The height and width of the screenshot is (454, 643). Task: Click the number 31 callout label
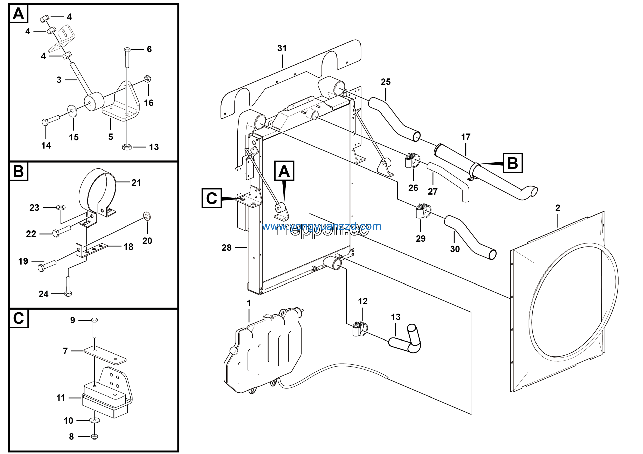click(282, 48)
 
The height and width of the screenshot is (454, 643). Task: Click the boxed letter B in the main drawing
click(512, 163)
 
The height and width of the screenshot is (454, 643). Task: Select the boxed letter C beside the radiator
click(211, 198)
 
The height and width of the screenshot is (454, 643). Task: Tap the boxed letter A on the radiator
click(284, 171)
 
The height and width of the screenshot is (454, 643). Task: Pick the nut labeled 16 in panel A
click(148, 78)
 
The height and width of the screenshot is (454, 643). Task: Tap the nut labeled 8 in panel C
click(95, 436)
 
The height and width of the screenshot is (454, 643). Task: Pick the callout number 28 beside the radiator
click(226, 248)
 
